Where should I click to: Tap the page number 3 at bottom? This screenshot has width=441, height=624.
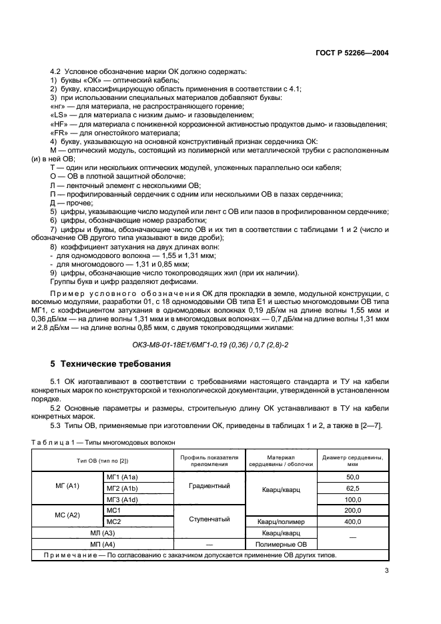click(x=388, y=570)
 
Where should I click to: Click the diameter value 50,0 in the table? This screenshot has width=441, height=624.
click(x=352, y=477)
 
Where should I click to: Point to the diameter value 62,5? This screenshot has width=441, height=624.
click(x=352, y=488)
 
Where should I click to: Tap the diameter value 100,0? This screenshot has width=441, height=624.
click(x=352, y=499)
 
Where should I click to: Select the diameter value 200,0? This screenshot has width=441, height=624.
click(x=352, y=510)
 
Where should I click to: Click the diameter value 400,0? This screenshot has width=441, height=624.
click(x=352, y=521)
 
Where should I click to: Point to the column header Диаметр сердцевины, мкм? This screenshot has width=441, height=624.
click(x=352, y=460)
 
